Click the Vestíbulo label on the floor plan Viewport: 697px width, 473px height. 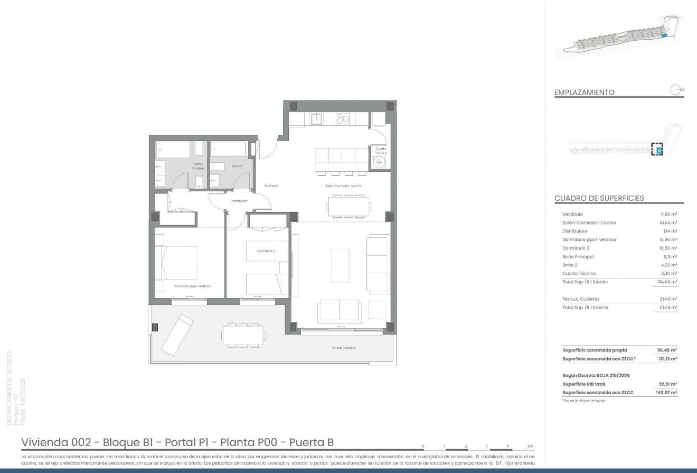pos(271,186)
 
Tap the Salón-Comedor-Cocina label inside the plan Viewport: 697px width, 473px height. pos(343,186)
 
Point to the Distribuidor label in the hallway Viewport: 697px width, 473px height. pos(239,201)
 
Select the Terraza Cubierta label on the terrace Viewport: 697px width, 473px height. pos(343,347)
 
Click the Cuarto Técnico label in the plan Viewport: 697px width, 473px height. pos(380,151)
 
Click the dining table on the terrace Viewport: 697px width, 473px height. pos(243,335)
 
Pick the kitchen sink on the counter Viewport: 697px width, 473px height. pos(317,119)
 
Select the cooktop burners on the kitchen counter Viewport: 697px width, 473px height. pos(342,119)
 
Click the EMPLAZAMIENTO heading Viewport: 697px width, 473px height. pos(584,92)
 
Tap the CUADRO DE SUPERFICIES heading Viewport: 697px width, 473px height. pos(599,199)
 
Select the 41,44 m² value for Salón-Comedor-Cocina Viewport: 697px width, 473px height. pos(668,222)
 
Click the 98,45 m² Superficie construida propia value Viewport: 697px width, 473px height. pos(668,350)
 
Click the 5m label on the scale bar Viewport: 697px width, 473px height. pos(530,446)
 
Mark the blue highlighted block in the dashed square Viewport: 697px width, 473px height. pos(658,150)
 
